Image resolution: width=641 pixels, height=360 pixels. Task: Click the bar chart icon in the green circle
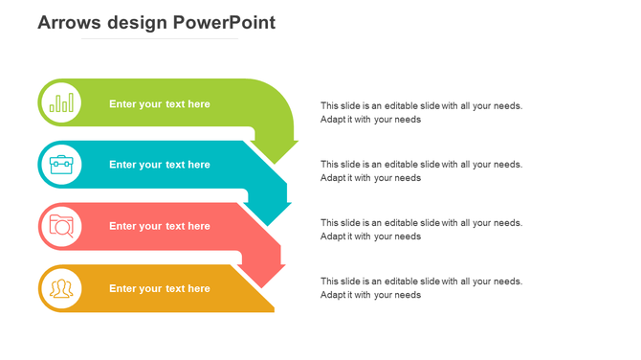coord(61,102)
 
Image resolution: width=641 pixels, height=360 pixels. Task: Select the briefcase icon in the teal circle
coord(61,164)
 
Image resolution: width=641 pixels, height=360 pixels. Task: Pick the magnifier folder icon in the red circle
coord(61,226)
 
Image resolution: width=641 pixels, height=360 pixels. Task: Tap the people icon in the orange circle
coord(61,288)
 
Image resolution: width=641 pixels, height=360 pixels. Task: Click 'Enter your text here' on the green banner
coord(159,103)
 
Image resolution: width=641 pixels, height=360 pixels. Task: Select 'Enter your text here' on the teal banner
coord(159,165)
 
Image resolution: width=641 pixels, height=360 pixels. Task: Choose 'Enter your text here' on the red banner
coord(159,226)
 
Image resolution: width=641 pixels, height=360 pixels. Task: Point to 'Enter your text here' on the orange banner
coord(159,288)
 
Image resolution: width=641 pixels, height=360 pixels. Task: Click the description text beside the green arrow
coord(421,113)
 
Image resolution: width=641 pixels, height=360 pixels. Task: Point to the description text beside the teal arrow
coord(421,170)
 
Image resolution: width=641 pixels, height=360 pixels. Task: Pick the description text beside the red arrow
coord(421,229)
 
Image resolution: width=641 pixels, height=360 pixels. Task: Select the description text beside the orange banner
coord(421,288)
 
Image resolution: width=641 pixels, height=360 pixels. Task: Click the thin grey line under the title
coord(159,39)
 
